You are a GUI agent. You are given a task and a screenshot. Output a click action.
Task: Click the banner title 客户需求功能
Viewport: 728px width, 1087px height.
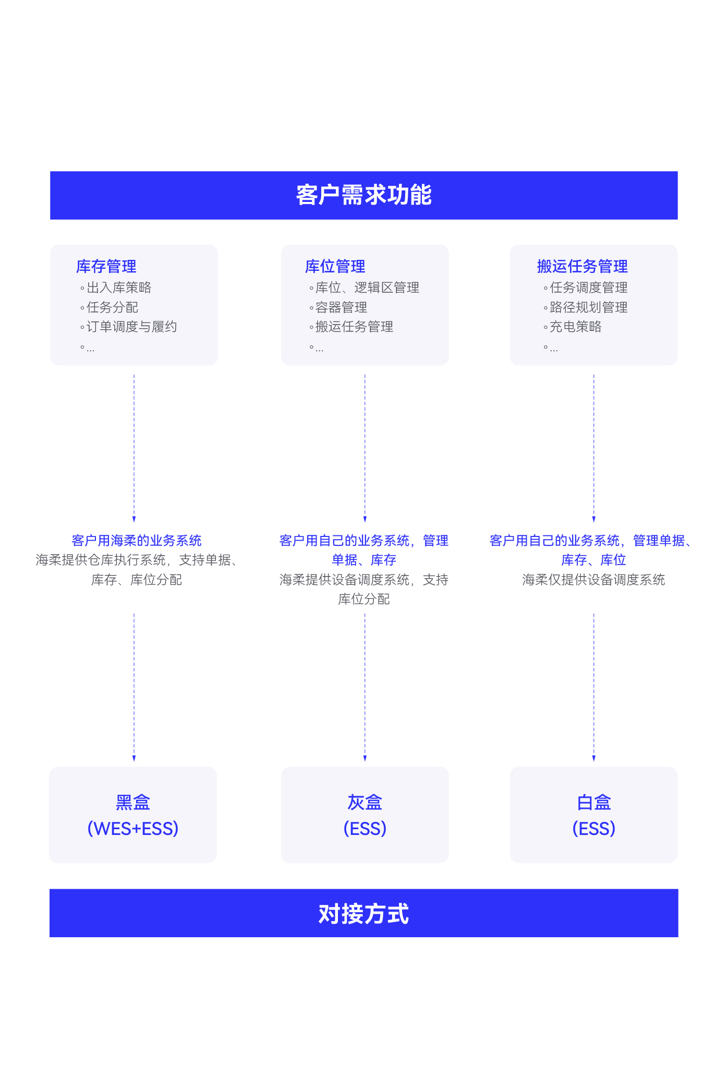(x=363, y=195)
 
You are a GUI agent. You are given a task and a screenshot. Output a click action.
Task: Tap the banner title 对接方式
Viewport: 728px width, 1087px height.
(x=363, y=913)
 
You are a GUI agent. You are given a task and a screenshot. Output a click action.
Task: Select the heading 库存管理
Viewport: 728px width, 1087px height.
(x=106, y=267)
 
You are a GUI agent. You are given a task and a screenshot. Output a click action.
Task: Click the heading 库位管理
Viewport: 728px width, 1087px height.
(x=335, y=267)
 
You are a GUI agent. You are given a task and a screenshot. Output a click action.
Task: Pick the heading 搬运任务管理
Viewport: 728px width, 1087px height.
(x=582, y=267)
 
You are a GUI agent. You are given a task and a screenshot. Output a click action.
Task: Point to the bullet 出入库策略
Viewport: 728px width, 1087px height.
(x=119, y=288)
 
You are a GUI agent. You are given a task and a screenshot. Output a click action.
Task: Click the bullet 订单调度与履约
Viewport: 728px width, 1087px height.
(x=131, y=327)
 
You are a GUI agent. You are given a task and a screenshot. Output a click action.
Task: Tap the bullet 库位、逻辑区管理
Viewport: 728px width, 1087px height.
(x=367, y=288)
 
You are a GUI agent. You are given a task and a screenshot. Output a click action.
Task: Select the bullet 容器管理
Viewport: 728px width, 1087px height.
(x=341, y=307)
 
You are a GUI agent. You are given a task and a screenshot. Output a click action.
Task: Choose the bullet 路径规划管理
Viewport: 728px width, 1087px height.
(x=588, y=307)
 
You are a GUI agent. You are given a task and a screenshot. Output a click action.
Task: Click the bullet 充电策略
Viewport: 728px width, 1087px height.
(x=575, y=327)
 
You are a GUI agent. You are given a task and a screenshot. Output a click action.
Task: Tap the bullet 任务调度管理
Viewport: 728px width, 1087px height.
(x=588, y=288)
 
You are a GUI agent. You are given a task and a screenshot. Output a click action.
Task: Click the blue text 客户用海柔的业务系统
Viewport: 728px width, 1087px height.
(x=137, y=541)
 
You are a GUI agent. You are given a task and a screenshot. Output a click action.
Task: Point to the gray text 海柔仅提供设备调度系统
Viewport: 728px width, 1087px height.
(x=593, y=580)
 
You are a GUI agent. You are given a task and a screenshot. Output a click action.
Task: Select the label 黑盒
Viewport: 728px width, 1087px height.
(x=133, y=802)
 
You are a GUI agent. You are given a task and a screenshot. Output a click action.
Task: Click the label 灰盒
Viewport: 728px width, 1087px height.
(x=365, y=802)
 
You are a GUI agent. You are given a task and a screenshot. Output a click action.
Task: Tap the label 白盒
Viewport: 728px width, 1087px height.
(x=593, y=802)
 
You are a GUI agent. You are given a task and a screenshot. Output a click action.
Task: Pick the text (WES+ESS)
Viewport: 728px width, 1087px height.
(x=133, y=829)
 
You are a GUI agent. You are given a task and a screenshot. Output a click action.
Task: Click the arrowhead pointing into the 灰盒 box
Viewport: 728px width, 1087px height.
(x=365, y=758)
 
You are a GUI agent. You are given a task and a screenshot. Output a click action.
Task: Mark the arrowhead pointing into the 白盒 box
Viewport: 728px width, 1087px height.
(x=594, y=758)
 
